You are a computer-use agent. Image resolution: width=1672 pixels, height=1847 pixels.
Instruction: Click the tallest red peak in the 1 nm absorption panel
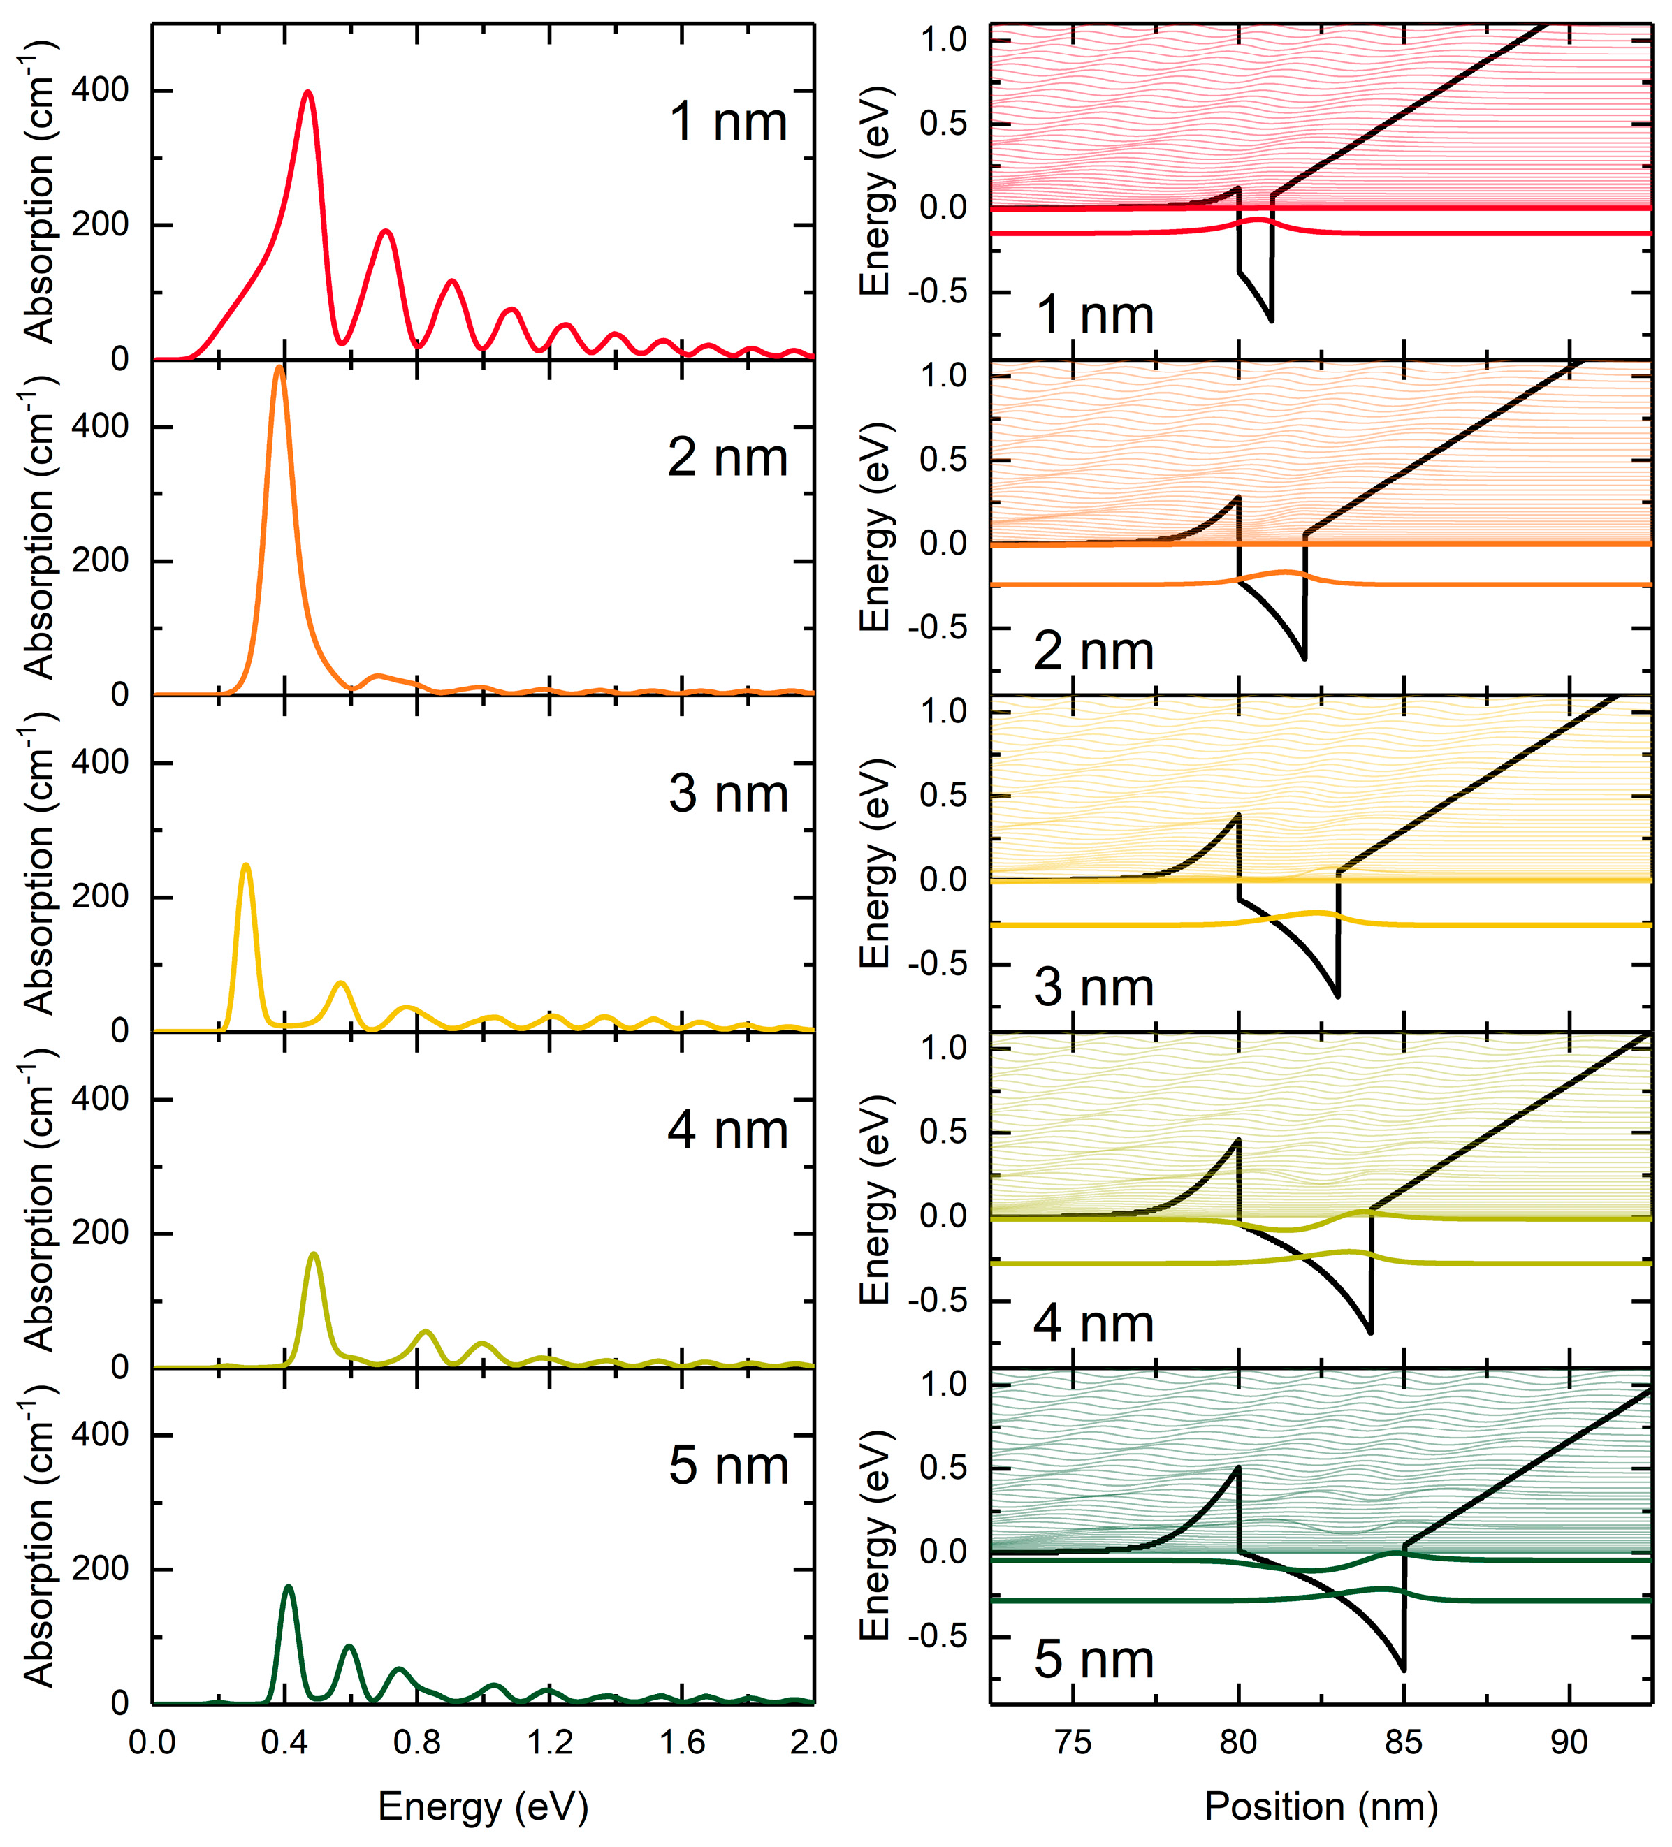coord(308,92)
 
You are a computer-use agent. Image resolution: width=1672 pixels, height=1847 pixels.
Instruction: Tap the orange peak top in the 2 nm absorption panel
coord(279,368)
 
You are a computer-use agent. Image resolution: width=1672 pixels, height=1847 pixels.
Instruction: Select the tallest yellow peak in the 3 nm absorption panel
coord(245,866)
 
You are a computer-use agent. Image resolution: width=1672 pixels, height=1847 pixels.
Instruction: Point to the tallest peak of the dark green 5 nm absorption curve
coord(289,1587)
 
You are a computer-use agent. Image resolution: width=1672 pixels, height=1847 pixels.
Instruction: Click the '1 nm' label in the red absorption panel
coord(727,121)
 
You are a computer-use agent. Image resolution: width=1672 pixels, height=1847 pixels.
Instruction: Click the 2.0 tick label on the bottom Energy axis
coord(812,1741)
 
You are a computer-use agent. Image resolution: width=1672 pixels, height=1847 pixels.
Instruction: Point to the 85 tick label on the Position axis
coord(1404,1741)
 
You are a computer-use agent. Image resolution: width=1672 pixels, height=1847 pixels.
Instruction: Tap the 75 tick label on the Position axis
coord(1073,1741)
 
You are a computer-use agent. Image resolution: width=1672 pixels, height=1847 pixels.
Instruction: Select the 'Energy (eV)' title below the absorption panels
coord(483,1806)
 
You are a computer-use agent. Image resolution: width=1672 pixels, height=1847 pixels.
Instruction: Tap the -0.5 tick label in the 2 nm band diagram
coord(937,627)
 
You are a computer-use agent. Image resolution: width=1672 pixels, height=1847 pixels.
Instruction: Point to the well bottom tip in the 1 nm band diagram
coord(1271,320)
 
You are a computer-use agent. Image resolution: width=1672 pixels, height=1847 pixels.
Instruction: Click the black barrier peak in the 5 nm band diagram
coord(1237,1468)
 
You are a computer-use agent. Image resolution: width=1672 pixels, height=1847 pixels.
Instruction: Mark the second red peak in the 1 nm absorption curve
coord(386,231)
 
